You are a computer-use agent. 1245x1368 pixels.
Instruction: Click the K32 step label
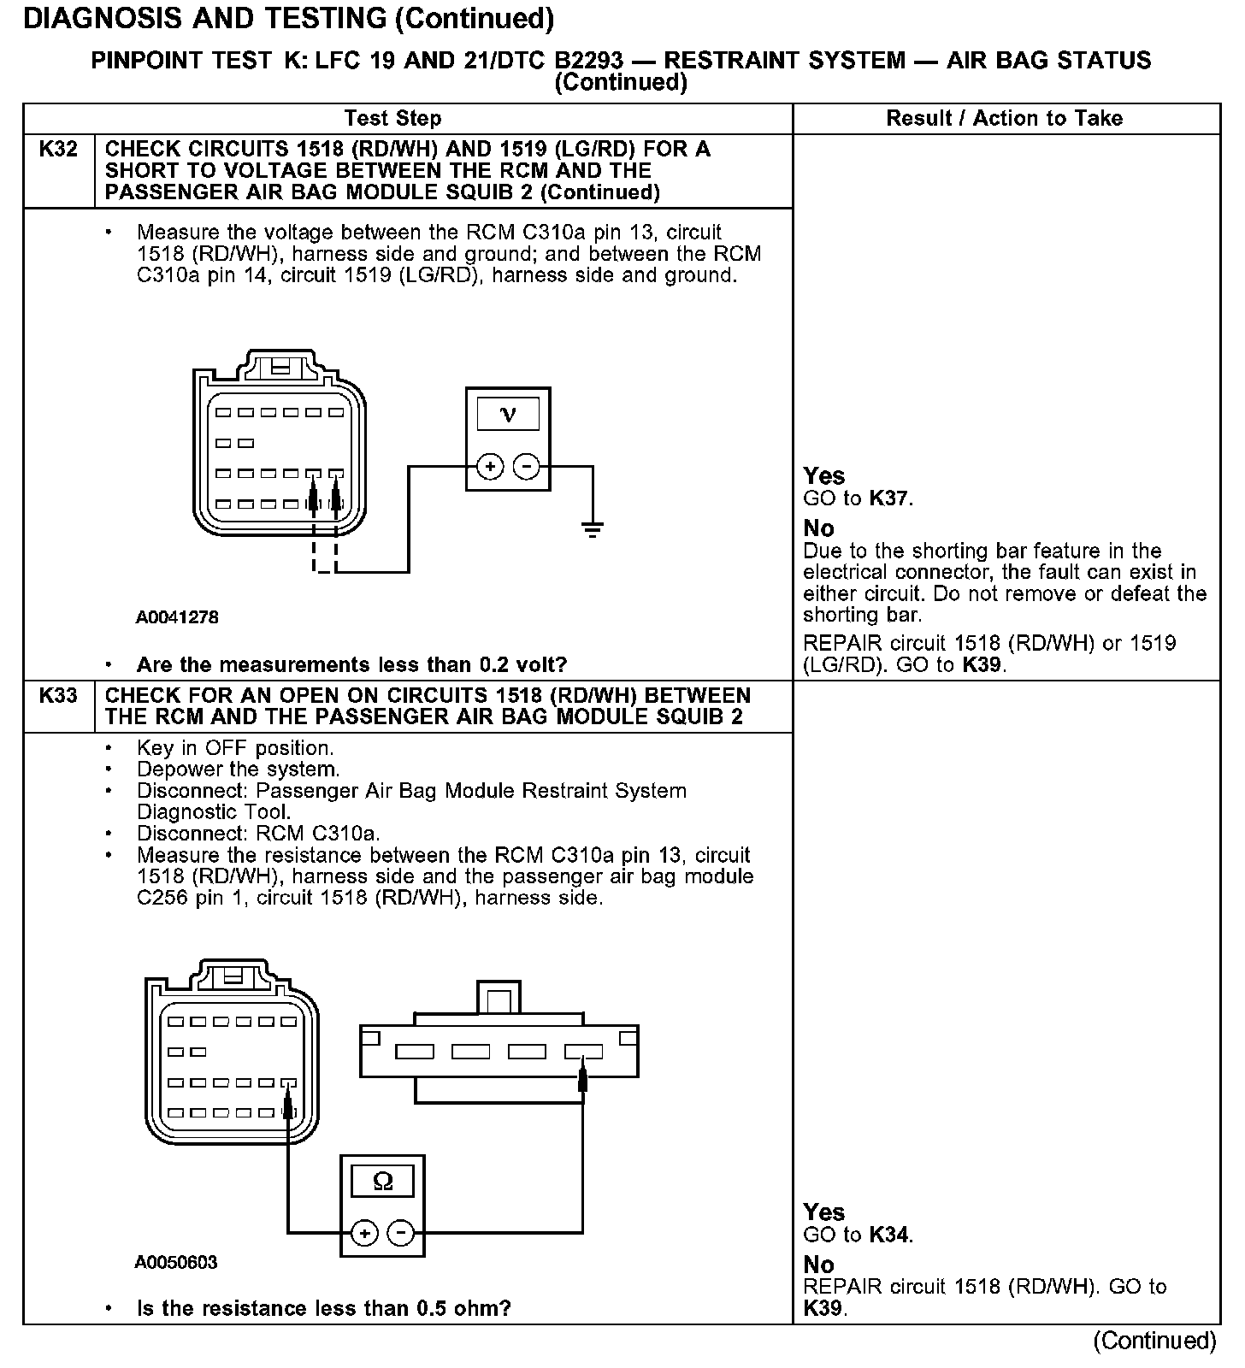pos(58,150)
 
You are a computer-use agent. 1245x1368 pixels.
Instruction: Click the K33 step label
pos(58,695)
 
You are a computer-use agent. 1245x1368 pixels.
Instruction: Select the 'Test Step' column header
pos(392,119)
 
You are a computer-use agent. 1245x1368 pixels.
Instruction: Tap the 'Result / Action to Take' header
pos(1004,119)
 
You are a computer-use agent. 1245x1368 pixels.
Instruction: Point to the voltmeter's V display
pos(508,415)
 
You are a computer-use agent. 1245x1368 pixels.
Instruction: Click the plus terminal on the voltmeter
pos(490,467)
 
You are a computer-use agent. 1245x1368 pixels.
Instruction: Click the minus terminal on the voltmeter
pos(526,467)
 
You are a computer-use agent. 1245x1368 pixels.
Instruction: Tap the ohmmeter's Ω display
pos(383,1182)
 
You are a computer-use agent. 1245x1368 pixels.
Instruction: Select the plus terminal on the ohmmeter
pos(364,1233)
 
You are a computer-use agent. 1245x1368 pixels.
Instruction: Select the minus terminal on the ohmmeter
pos(400,1233)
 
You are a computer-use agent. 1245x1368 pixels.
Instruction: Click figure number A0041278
pos(177,616)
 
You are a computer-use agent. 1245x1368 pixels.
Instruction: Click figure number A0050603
pos(176,1262)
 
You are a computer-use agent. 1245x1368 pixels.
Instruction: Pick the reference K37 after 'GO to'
pos(889,498)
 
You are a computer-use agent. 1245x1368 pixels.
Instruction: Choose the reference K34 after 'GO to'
pos(889,1235)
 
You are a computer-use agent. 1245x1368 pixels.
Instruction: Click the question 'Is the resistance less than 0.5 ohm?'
pos(323,1308)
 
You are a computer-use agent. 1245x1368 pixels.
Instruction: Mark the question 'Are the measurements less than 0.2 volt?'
pos(351,664)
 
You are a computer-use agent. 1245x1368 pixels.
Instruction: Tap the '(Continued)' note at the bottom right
pos(1154,1341)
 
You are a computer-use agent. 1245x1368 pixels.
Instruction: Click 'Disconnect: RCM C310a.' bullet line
pos(258,834)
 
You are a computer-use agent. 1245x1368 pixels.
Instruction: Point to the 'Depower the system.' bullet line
pos(238,769)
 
